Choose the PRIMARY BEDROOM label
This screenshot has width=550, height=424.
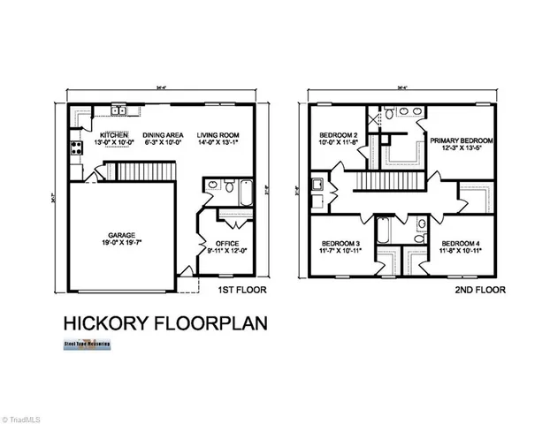pyautogui.click(x=461, y=140)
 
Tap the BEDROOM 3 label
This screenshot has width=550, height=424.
pyautogui.click(x=339, y=244)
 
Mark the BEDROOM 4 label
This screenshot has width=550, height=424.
pyautogui.click(x=461, y=244)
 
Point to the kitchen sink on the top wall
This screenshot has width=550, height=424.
pyautogui.click(x=118, y=111)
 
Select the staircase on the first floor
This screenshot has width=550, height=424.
pyautogui.click(x=146, y=170)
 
